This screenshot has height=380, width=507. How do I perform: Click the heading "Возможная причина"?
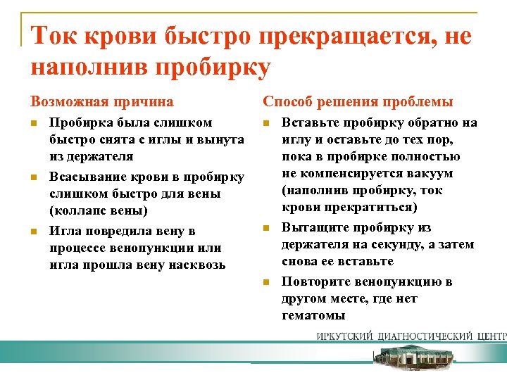[102, 102]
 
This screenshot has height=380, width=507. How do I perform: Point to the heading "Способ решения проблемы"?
[358, 102]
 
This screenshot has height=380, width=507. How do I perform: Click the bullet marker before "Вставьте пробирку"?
[266, 123]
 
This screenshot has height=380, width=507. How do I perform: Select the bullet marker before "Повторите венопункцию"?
[266, 282]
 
